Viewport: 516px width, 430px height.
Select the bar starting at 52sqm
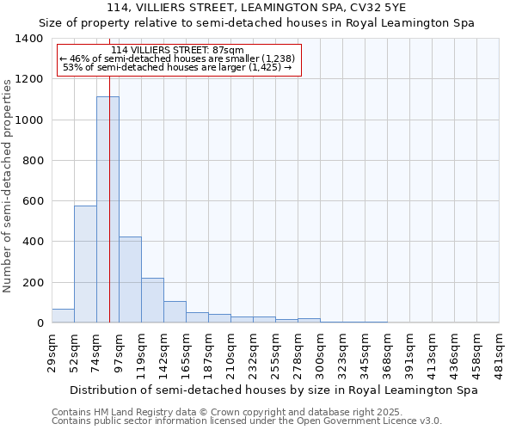pyautogui.click(x=85, y=264)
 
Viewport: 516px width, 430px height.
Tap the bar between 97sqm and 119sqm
pyautogui.click(x=130, y=279)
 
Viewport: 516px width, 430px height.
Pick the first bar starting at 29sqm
pyautogui.click(x=63, y=316)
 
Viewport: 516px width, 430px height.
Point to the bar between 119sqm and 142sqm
pyautogui.click(x=152, y=300)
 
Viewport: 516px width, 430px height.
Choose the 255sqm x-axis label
pyautogui.click(x=276, y=353)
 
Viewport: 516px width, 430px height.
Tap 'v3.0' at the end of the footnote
pyautogui.click(x=429, y=421)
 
